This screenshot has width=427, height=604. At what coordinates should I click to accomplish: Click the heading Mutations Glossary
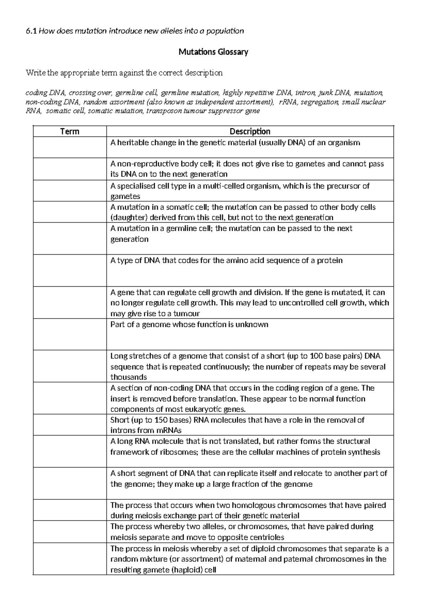point(213,52)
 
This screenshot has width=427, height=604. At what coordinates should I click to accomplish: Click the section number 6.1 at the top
point(31,31)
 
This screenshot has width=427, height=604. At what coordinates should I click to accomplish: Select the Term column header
point(70,131)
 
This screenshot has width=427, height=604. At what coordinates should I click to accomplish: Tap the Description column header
point(250,131)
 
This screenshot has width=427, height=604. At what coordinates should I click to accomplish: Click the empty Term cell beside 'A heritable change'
point(70,147)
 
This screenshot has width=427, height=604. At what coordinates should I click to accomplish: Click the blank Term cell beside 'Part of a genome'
point(70,334)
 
